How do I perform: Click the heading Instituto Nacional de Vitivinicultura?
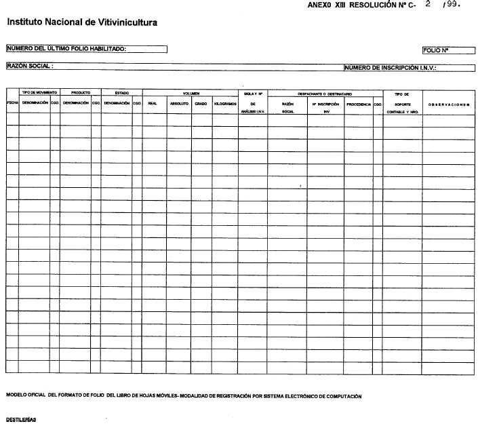82,23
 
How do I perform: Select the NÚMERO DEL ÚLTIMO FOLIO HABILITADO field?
86,49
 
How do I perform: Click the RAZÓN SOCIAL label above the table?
30,66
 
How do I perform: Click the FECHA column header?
12,102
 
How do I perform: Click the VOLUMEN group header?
191,92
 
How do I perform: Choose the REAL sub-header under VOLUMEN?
153,103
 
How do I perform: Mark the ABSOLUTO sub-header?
179,103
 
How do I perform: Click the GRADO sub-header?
201,103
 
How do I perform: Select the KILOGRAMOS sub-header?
225,103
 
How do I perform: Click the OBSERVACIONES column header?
450,103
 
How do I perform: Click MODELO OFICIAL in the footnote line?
26,395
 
